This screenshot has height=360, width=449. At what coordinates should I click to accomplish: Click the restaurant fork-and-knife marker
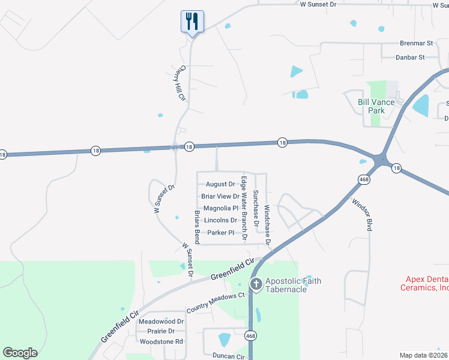[x=192, y=22]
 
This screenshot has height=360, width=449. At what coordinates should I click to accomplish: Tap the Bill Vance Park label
[x=376, y=106]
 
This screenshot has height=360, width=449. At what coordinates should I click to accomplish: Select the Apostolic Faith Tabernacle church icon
[x=256, y=284]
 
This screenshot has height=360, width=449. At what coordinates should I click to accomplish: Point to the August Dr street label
[x=220, y=184]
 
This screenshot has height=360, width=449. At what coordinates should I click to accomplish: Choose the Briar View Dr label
[x=220, y=196]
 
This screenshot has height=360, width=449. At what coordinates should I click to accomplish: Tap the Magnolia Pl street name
[x=221, y=208]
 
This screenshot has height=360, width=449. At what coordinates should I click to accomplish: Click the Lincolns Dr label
[x=221, y=220]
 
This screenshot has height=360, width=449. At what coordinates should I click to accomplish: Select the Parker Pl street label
[x=221, y=233]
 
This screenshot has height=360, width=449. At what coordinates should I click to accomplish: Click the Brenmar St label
[x=417, y=44]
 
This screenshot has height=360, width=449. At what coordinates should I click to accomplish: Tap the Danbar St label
[x=410, y=58]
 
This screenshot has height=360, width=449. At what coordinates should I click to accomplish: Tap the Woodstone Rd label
[x=161, y=341]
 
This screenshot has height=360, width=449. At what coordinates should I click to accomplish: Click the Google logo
[x=20, y=353]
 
